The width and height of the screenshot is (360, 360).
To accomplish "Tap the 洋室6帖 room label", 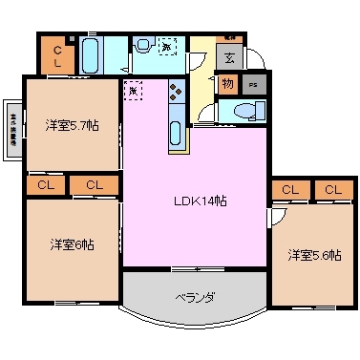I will (x=72, y=244).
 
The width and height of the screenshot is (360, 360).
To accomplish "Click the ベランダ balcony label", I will (x=194, y=297).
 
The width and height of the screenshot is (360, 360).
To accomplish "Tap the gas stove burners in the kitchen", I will (x=177, y=92).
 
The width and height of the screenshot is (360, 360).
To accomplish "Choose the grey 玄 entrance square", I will (x=229, y=56).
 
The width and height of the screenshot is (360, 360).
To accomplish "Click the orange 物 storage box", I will (x=227, y=84).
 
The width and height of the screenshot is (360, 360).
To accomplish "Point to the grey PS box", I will (x=252, y=84).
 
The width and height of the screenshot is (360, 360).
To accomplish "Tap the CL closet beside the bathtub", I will (x=57, y=56).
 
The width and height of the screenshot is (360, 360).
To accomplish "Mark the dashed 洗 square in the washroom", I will (x=166, y=46).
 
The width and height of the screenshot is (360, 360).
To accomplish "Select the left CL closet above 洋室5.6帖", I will (x=289, y=190).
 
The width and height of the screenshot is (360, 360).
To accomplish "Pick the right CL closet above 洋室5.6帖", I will (x=331, y=190).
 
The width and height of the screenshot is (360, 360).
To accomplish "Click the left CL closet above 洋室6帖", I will (x=45, y=184).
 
